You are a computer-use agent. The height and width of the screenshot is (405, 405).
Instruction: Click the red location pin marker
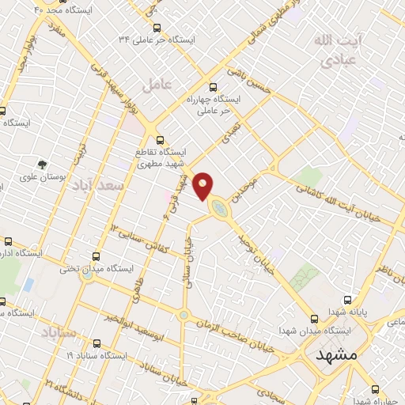pos(204,185)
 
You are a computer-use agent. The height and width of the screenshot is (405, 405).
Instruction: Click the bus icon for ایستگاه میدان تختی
pos(97,256)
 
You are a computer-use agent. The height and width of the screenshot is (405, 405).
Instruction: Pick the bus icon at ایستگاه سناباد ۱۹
pos(97,344)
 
